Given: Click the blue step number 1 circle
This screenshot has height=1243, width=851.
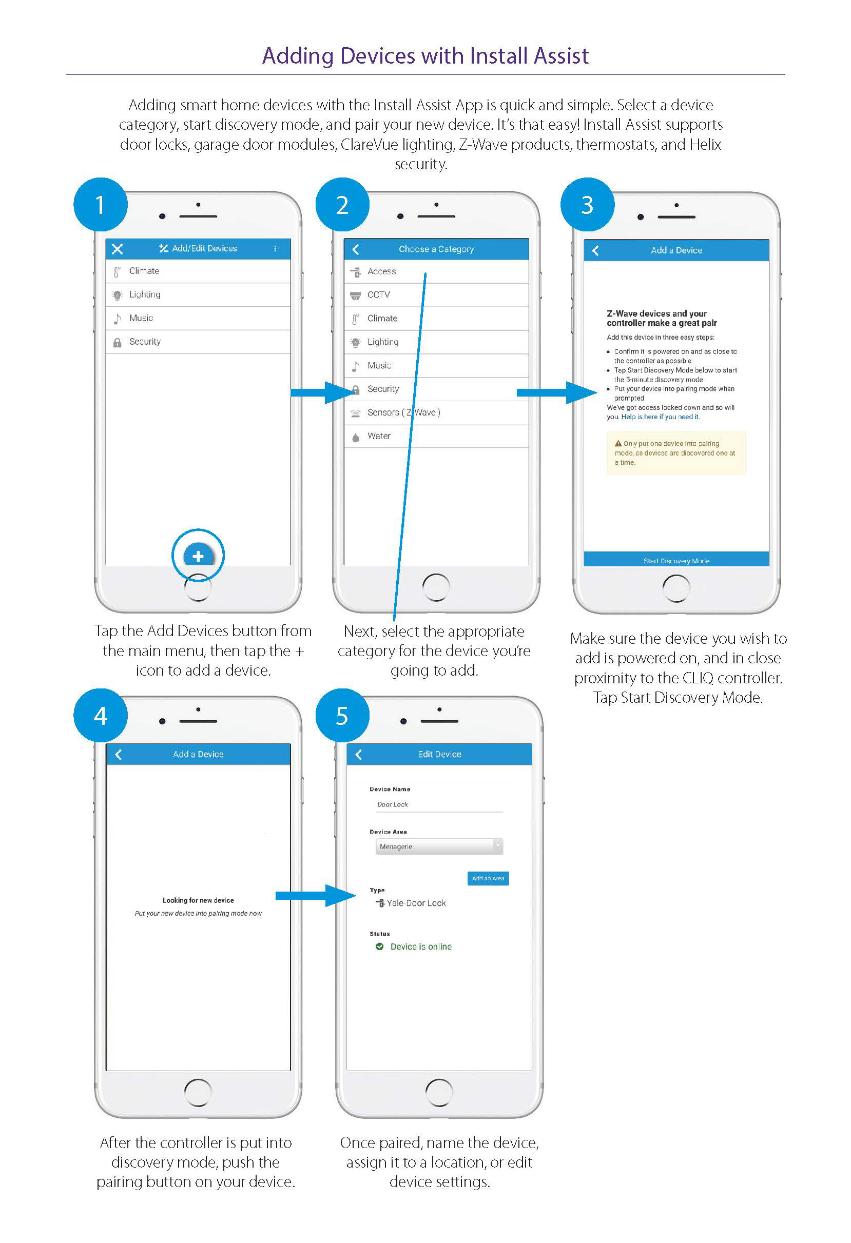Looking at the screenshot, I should (x=100, y=205).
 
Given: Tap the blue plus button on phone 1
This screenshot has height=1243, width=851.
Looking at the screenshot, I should (x=198, y=556).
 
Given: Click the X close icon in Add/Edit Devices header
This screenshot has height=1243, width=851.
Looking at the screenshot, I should (x=117, y=249).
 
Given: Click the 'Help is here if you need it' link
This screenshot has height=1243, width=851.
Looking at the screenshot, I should (x=660, y=417).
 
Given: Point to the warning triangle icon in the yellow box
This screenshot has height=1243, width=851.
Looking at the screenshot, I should (x=618, y=443).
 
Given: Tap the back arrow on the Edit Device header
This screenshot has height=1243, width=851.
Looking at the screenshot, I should (x=359, y=754).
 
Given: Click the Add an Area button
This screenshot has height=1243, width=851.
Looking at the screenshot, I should (x=488, y=878).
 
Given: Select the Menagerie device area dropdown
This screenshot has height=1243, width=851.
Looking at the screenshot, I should (x=438, y=846).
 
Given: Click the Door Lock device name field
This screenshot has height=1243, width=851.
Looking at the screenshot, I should (x=438, y=804).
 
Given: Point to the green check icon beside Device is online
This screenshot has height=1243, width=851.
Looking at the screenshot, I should (x=379, y=946).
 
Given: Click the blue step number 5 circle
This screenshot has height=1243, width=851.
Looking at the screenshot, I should (x=342, y=716).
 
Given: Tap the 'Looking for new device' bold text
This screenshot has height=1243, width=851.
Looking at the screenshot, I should (x=198, y=900).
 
